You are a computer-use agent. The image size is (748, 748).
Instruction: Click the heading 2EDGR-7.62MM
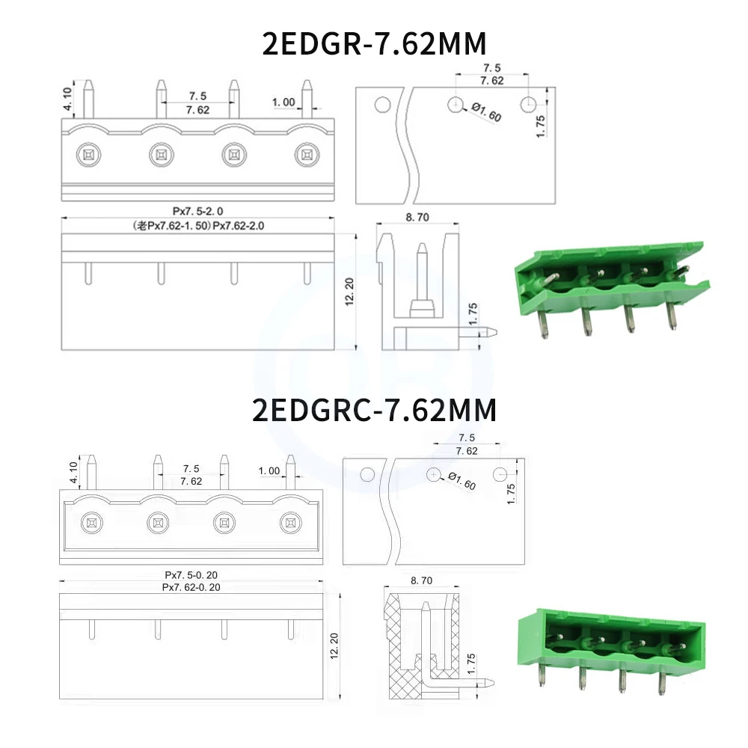pos(375,44)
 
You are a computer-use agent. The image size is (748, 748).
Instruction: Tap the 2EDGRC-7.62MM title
pos(375,410)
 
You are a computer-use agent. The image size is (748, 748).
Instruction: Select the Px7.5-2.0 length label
pos(197,212)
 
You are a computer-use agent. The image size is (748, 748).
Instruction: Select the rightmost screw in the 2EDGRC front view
pos(289,522)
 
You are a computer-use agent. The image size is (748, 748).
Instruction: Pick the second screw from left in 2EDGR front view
pos(161,155)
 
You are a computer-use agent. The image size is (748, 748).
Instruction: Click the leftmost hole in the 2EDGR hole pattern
pos(381,104)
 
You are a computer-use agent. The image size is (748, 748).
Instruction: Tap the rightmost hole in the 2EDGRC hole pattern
pos(501,474)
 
